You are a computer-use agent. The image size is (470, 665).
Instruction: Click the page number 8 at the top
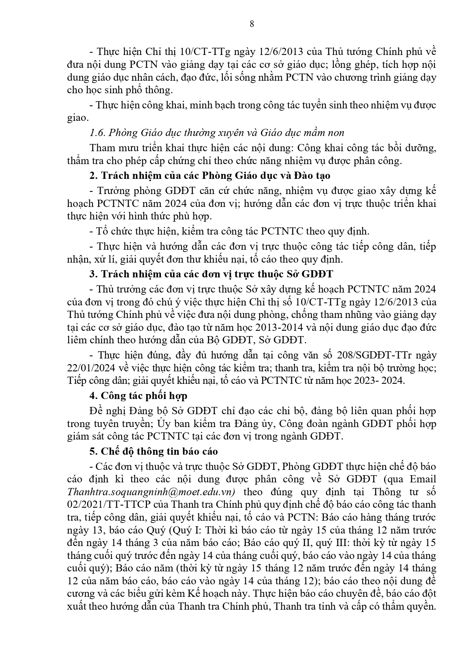click(x=252, y=24)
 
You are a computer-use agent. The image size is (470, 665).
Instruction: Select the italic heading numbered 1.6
click(x=217, y=133)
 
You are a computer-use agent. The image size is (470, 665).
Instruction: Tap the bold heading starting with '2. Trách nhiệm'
click(x=210, y=175)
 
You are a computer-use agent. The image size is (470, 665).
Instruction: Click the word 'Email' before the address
click(x=423, y=479)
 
